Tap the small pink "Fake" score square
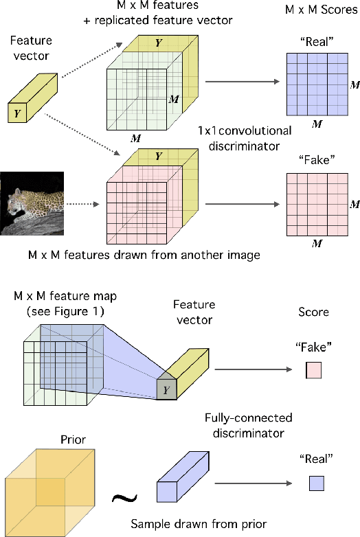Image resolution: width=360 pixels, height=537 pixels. coord(313,372)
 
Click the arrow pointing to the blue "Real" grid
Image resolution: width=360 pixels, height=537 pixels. coord(243,82)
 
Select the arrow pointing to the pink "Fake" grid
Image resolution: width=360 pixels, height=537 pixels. coord(243,204)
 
